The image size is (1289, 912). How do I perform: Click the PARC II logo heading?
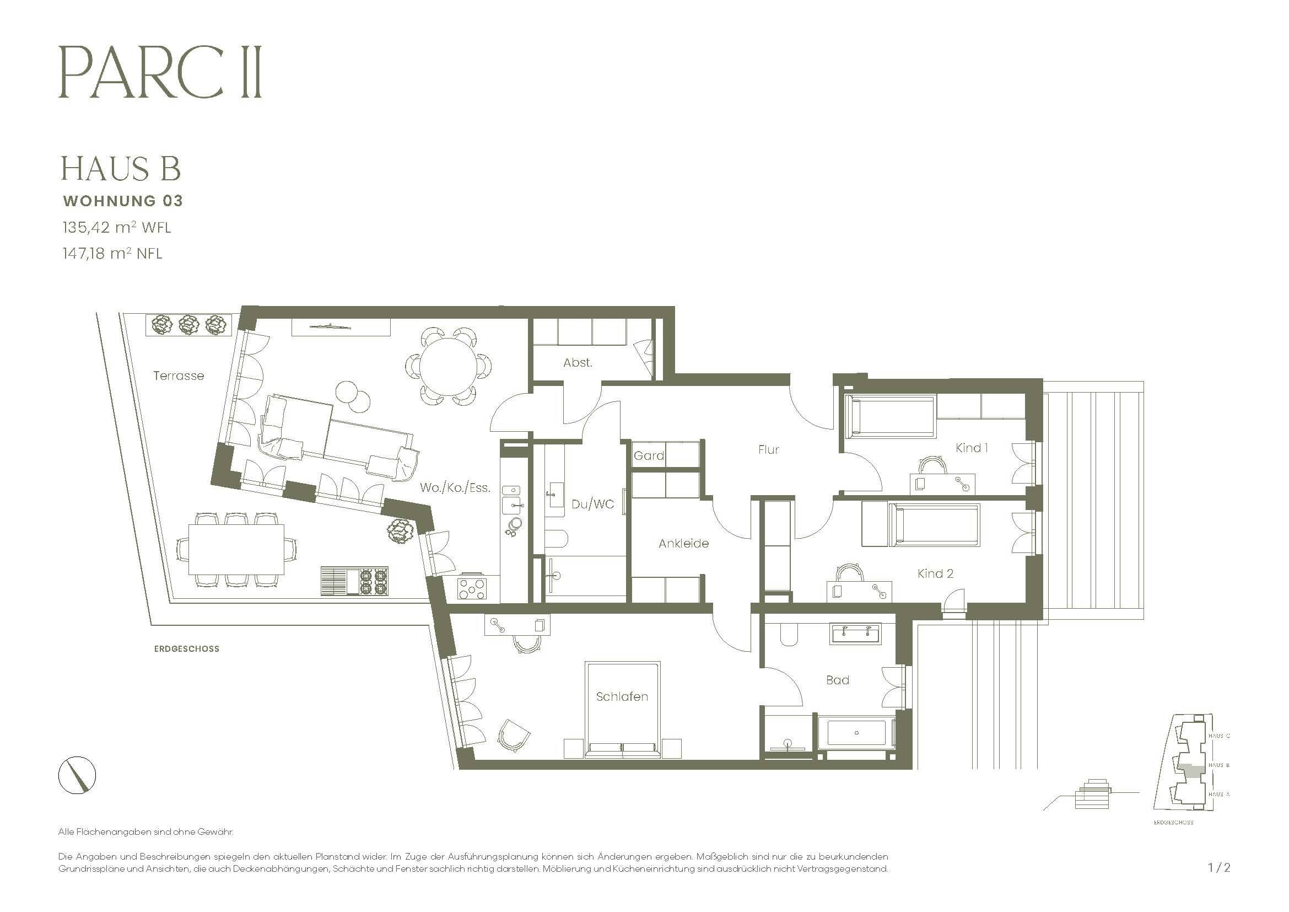pos(160,73)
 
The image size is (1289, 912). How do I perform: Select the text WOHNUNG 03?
pos(123,201)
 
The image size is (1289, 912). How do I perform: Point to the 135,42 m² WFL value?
pos(116,227)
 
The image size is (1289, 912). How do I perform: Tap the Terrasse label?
pos(179,375)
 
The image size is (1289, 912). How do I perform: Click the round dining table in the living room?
pos(448,367)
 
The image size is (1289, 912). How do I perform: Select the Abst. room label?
pos(578,363)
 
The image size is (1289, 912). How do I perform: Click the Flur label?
pos(768,449)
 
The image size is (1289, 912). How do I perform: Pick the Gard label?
pos(649,455)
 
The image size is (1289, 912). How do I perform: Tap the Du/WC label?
pos(593,504)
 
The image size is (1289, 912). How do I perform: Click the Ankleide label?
pos(683,543)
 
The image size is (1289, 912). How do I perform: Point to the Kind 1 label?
pos(971,448)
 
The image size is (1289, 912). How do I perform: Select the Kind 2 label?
pos(935,573)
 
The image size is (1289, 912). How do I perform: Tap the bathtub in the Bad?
pos(856,733)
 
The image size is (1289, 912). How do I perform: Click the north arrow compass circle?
pos(77,776)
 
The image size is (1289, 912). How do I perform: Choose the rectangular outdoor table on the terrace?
pos(236,549)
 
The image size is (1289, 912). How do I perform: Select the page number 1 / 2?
pos(1219,868)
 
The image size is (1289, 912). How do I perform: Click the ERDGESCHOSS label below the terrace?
pos(186,648)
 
